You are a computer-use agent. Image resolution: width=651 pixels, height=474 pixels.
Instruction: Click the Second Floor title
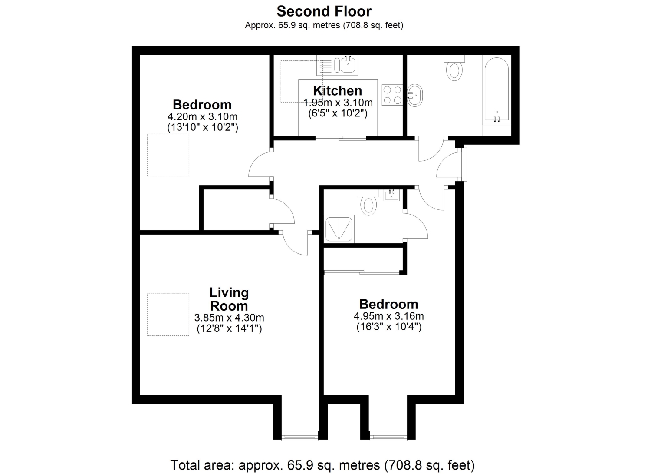pyautogui.click(x=324, y=11)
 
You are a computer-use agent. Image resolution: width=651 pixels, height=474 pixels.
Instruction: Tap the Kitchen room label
pyautogui.click(x=337, y=91)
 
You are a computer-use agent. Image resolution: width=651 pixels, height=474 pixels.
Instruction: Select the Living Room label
pyautogui.click(x=229, y=299)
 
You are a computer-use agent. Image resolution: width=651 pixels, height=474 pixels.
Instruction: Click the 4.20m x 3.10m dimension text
pyautogui.click(x=202, y=117)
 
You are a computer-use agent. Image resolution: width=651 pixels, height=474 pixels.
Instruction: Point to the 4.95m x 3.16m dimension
pyautogui.click(x=389, y=316)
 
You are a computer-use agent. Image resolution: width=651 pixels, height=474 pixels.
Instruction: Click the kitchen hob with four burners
pyautogui.click(x=392, y=95)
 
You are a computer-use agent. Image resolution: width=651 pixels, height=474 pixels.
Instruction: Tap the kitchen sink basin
pyautogui.click(x=348, y=65)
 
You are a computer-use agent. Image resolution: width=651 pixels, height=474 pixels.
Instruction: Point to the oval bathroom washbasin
pyautogui.click(x=415, y=95)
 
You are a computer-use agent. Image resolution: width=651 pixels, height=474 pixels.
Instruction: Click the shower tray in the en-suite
pyautogui.click(x=339, y=229)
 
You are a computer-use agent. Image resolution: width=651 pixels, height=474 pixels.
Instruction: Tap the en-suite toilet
pyautogui.click(x=368, y=202)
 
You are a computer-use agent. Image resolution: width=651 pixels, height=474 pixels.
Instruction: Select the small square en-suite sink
pyautogui.click(x=392, y=195)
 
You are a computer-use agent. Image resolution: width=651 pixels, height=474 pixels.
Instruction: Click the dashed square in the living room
pyautogui.click(x=168, y=315)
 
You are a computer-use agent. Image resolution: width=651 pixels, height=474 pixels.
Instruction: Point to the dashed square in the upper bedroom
pyautogui.click(x=168, y=155)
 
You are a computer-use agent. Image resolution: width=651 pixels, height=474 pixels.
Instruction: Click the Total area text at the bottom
pyautogui.click(x=322, y=465)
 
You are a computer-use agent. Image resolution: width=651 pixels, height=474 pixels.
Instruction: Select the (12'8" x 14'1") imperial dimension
pyautogui.click(x=229, y=328)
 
